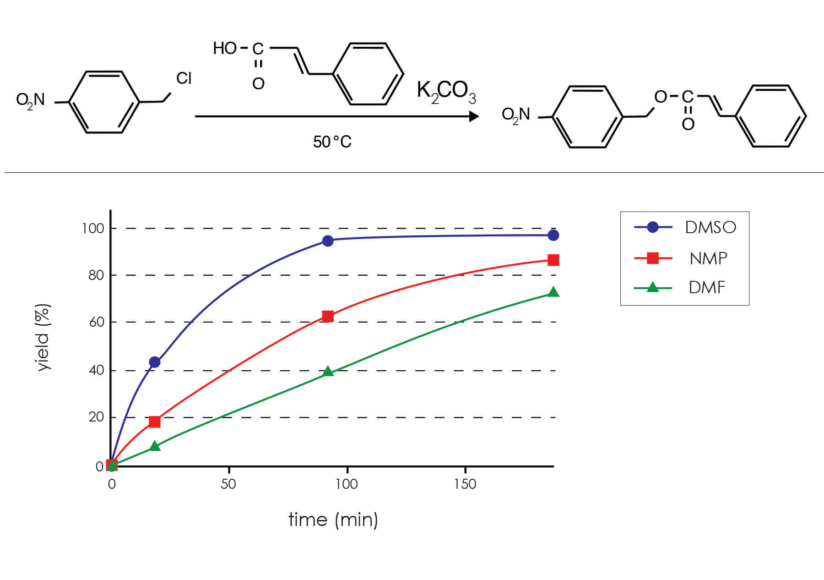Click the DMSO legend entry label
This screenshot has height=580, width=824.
click(710, 227)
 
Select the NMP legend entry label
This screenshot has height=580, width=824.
click(708, 258)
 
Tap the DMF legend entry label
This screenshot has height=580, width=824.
click(707, 288)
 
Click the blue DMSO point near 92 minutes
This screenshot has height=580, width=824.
click(328, 241)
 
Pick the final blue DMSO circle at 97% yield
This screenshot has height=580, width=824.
click(553, 235)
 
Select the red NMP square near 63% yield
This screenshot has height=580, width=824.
click(328, 316)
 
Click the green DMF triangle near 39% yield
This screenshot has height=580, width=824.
click(328, 372)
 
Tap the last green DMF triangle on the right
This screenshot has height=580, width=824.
click(553, 292)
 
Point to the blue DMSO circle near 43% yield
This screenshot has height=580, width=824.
click(155, 362)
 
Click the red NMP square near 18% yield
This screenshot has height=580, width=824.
click(155, 421)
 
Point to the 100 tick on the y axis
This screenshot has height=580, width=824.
click(93, 228)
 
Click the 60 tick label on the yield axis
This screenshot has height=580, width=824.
click(96, 322)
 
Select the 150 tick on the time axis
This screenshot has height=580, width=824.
click(465, 484)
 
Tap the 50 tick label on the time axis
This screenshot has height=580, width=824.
click(228, 484)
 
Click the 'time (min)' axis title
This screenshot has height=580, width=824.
click(333, 520)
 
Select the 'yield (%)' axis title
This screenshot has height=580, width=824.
click(43, 337)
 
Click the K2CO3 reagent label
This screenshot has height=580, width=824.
click(446, 92)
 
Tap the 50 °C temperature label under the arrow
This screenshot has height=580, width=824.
click(332, 142)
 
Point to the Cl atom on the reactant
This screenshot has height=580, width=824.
click(184, 78)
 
